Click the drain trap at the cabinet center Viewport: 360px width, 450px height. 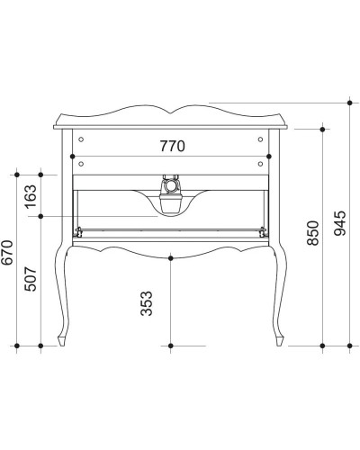170,187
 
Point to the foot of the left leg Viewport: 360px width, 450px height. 63,341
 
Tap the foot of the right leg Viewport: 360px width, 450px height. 281,341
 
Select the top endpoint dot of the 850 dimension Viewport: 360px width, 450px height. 322,129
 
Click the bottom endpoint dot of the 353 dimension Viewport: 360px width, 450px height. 171,345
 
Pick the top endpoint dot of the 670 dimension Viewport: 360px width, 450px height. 17,173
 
